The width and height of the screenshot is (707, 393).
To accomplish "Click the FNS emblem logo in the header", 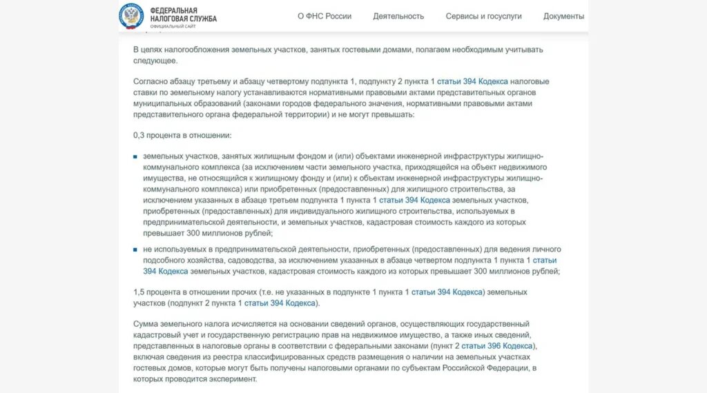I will pos(131,15).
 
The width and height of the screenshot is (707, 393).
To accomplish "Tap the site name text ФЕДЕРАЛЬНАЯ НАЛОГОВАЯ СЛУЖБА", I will pos(183,14).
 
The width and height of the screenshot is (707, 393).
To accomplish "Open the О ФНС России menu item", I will pos(325,16).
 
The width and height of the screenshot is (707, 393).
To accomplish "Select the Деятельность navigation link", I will pos(398,16).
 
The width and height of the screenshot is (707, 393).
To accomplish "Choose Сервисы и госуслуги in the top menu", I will pos(483,16).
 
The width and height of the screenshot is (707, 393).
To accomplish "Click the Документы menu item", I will pos(563,16).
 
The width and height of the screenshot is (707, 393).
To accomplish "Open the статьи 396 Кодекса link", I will pos(497,346).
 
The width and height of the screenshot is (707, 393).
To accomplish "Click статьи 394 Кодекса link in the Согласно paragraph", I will pos(473,81).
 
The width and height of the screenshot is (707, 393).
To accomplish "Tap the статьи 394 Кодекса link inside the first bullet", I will pos(414,200).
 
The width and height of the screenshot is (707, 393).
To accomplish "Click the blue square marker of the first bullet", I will pos(135,157).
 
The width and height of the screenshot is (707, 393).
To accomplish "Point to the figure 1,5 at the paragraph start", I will pos(139,292).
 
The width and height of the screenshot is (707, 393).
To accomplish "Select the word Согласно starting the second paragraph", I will pos(150,81).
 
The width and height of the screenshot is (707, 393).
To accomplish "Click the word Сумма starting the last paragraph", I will pos(146,324).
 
